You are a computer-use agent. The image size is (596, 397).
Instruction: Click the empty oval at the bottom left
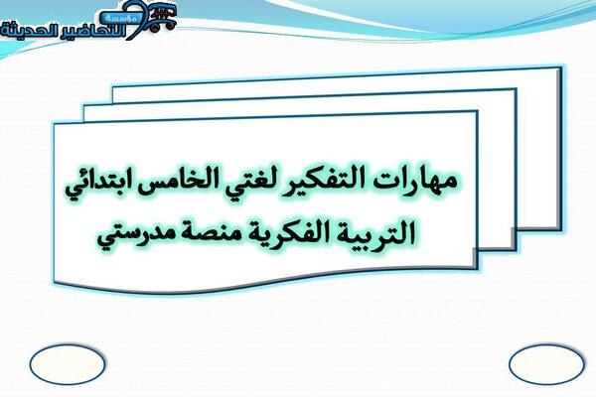pyautogui.click(x=67, y=364)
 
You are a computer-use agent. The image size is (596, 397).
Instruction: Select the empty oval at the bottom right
pyautogui.click(x=546, y=364)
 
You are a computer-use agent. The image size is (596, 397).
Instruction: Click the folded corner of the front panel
pyautogui.click(x=475, y=258)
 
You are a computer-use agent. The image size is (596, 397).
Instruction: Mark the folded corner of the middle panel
pyautogui.click(x=514, y=238)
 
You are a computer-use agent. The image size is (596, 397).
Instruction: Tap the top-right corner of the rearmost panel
pyautogui.click(x=560, y=68)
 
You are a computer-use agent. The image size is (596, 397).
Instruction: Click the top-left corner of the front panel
pyautogui.click(x=55, y=124)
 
